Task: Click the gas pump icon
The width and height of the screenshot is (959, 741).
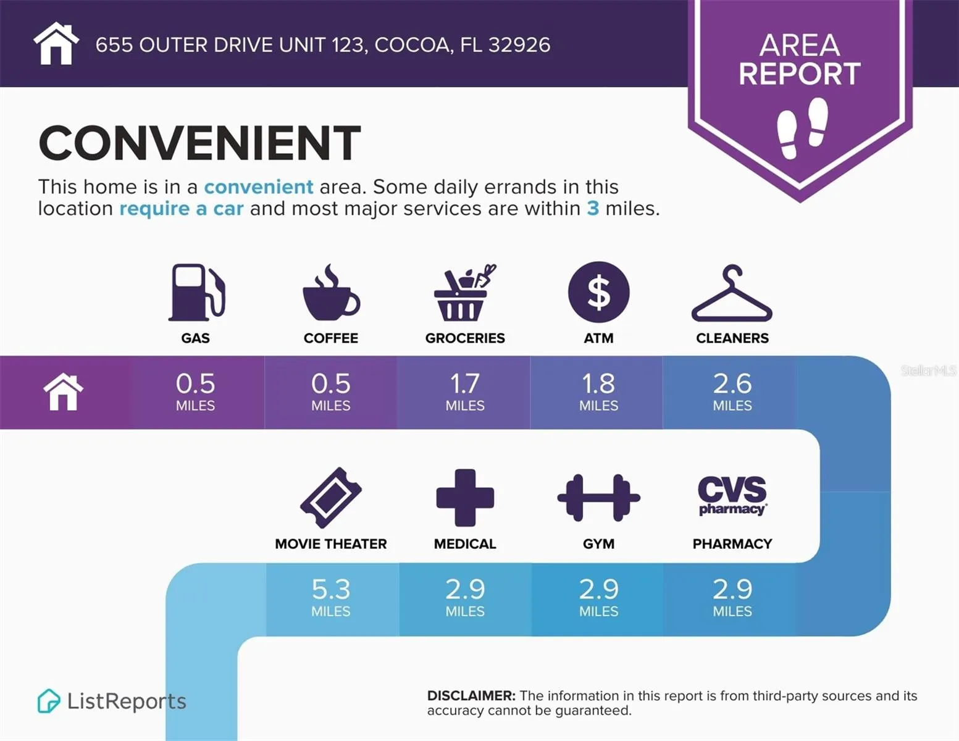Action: (196, 292)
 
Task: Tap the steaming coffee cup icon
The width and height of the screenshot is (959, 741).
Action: (331, 293)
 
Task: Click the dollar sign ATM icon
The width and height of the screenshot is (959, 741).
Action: (598, 292)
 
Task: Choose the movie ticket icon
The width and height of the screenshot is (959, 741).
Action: (331, 498)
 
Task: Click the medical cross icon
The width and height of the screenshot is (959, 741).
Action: (465, 498)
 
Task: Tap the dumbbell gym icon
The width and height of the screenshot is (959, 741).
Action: (598, 498)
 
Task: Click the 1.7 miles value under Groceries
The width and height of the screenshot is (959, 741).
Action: (465, 391)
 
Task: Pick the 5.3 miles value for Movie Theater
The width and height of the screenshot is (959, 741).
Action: (331, 597)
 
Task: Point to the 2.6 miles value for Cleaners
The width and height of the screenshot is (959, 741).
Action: (732, 391)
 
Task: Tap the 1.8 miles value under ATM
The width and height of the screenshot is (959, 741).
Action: (598, 391)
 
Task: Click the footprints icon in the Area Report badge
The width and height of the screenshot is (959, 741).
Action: (802, 128)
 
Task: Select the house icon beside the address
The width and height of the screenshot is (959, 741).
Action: (56, 44)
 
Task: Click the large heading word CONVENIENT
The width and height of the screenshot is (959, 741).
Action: (199, 143)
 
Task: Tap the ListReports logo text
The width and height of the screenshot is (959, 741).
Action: (126, 701)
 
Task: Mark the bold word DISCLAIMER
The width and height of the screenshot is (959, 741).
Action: (471, 696)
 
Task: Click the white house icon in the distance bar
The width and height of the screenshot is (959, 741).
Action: (63, 392)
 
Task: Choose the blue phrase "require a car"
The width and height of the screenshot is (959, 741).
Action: (182, 209)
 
